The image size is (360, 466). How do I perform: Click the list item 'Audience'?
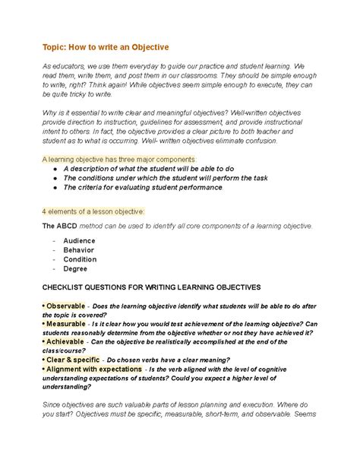pos(79,241)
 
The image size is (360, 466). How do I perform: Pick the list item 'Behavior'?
pos(79,250)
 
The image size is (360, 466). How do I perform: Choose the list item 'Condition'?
pos(80,259)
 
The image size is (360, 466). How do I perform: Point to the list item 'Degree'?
pos(75,268)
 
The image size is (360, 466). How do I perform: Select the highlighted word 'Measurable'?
pos(67,324)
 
